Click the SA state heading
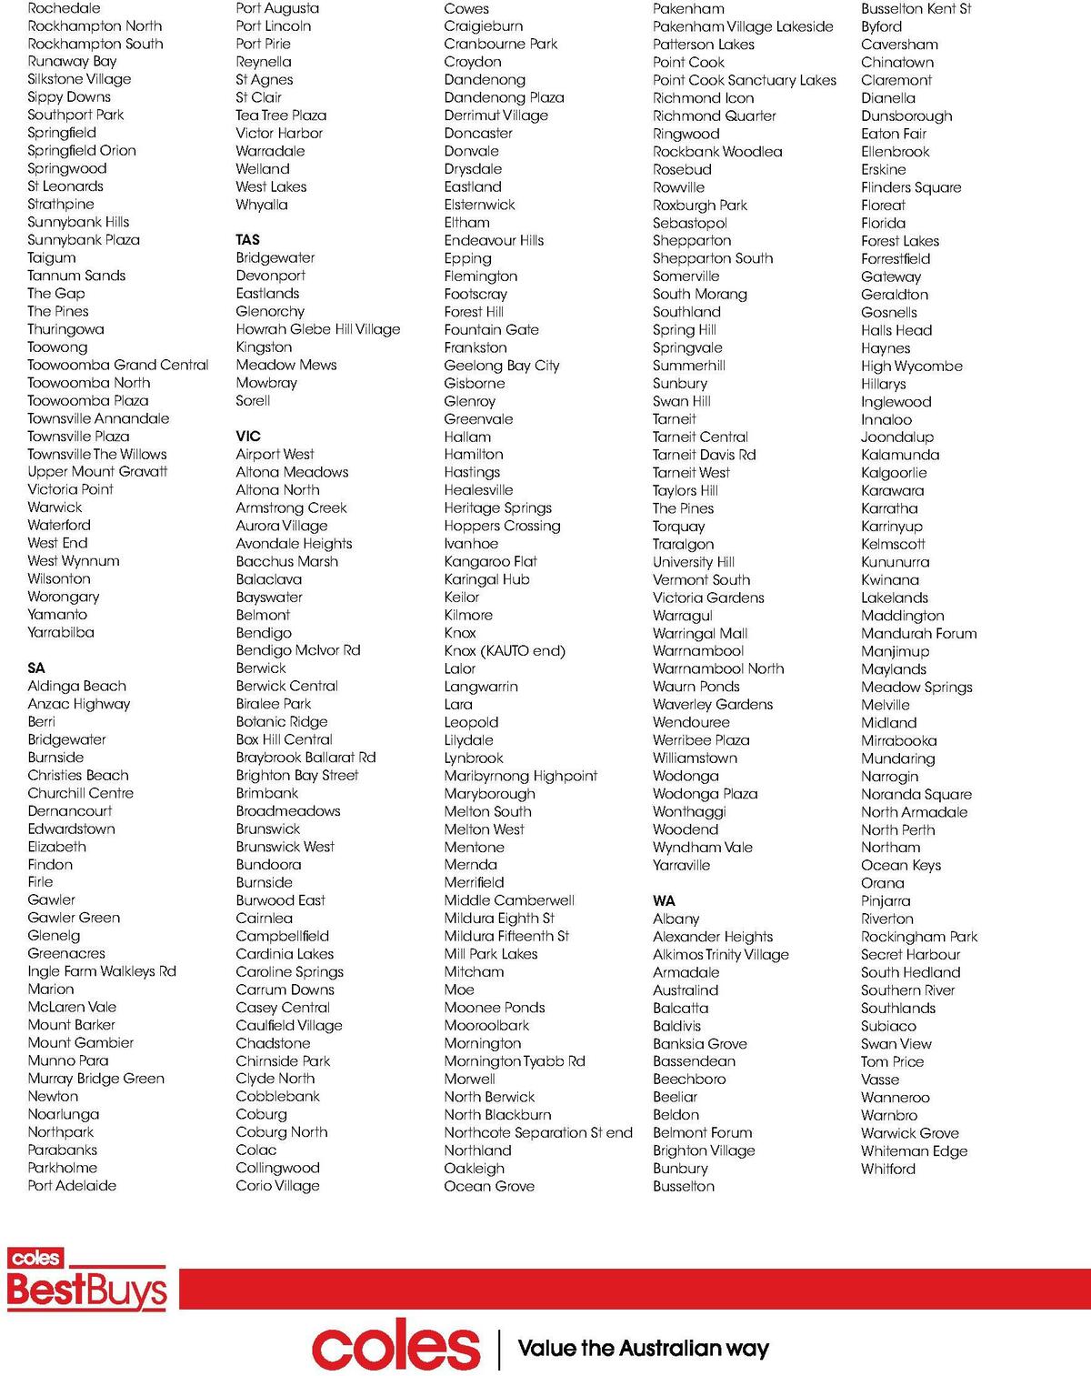36,668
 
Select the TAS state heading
247,240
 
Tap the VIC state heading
247,437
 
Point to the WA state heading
664,900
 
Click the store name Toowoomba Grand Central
118,365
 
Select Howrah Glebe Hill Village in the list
317,329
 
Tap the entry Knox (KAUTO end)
505,650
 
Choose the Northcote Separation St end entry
538,1132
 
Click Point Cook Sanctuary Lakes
744,80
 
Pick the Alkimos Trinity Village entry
720,954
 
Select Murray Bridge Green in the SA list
95,1079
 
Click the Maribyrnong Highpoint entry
520,776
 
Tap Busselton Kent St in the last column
916,8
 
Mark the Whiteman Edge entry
914,1150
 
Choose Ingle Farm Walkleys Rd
102,971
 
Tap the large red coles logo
395,1347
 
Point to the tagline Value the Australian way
643,1348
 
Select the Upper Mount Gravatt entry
97,471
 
